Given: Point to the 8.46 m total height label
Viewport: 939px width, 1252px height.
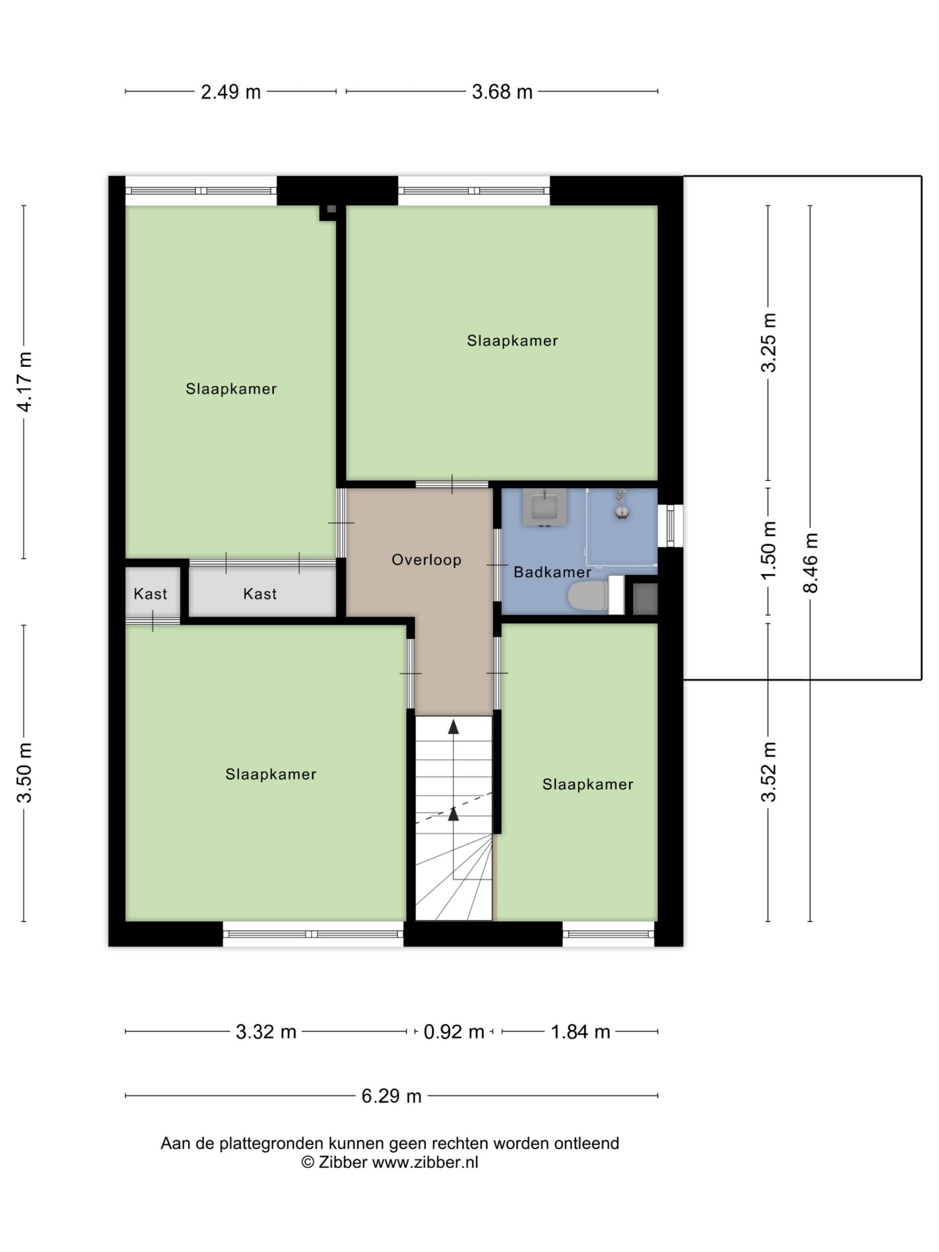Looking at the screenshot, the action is click(810, 562).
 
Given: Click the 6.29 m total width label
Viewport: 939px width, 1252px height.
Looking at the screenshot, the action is click(392, 1096).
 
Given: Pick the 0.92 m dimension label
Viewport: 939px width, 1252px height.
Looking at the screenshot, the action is click(454, 1032).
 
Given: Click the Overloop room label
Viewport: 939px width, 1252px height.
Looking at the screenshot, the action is click(426, 560).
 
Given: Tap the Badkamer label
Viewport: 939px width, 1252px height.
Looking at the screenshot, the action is click(552, 572).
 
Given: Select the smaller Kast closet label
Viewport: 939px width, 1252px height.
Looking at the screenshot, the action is click(151, 594).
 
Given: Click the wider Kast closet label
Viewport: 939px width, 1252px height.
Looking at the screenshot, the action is click(260, 594).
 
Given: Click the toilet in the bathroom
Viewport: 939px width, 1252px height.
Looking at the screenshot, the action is click(589, 595).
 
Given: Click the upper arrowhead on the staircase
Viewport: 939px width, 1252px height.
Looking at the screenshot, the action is click(454, 727).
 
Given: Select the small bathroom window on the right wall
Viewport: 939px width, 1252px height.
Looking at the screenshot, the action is click(670, 526).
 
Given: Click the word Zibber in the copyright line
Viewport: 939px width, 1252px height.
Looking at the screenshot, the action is click(342, 1162).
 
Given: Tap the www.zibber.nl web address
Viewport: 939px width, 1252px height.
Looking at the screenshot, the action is click(425, 1162).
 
